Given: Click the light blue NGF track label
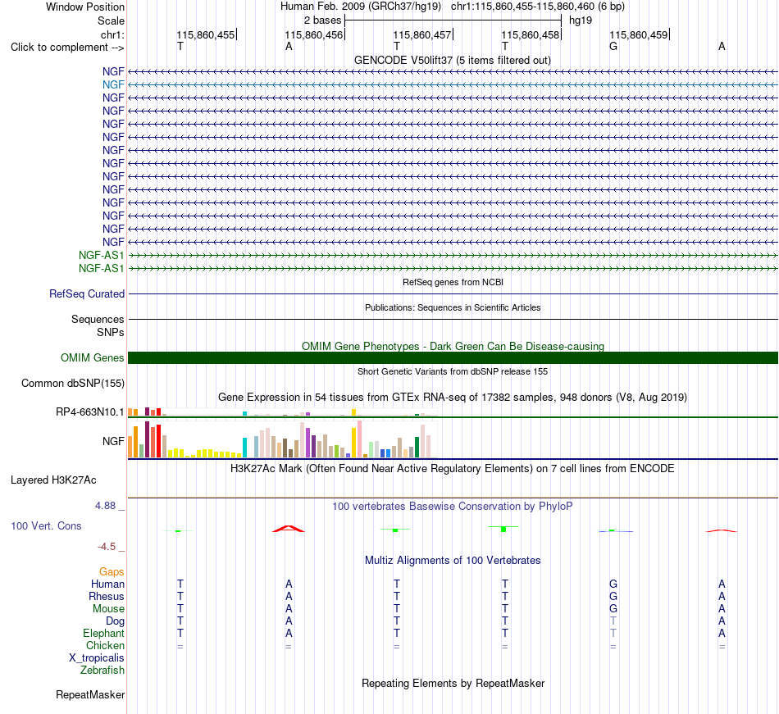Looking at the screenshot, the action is pos(113,85).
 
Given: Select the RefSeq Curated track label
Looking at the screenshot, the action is pos(87,294).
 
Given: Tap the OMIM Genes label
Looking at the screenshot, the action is pos(93,357).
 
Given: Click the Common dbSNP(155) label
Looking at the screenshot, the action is pos(73,384).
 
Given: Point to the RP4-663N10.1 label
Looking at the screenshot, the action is pos(90,412).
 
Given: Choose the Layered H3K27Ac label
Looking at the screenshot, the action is pos(53,480).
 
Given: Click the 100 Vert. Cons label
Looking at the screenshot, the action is pos(46,525).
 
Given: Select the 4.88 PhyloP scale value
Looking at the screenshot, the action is pos(105,506).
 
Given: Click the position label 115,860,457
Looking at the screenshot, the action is pos(421,34).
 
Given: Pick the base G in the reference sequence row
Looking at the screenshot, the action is pos(613,46).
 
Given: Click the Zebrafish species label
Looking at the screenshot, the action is pos(102,671).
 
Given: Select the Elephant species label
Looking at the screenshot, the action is pos(104,634).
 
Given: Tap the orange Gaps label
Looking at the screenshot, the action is pos(112,572).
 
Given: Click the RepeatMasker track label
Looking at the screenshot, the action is pos(90,694).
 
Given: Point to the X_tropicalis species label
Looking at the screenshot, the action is pos(97,658).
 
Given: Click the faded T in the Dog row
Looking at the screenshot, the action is pos(613,621).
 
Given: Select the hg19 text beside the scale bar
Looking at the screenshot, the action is pos(581,20).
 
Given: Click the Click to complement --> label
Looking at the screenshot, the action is pos(67,48).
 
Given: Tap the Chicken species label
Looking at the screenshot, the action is pos(105,645).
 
